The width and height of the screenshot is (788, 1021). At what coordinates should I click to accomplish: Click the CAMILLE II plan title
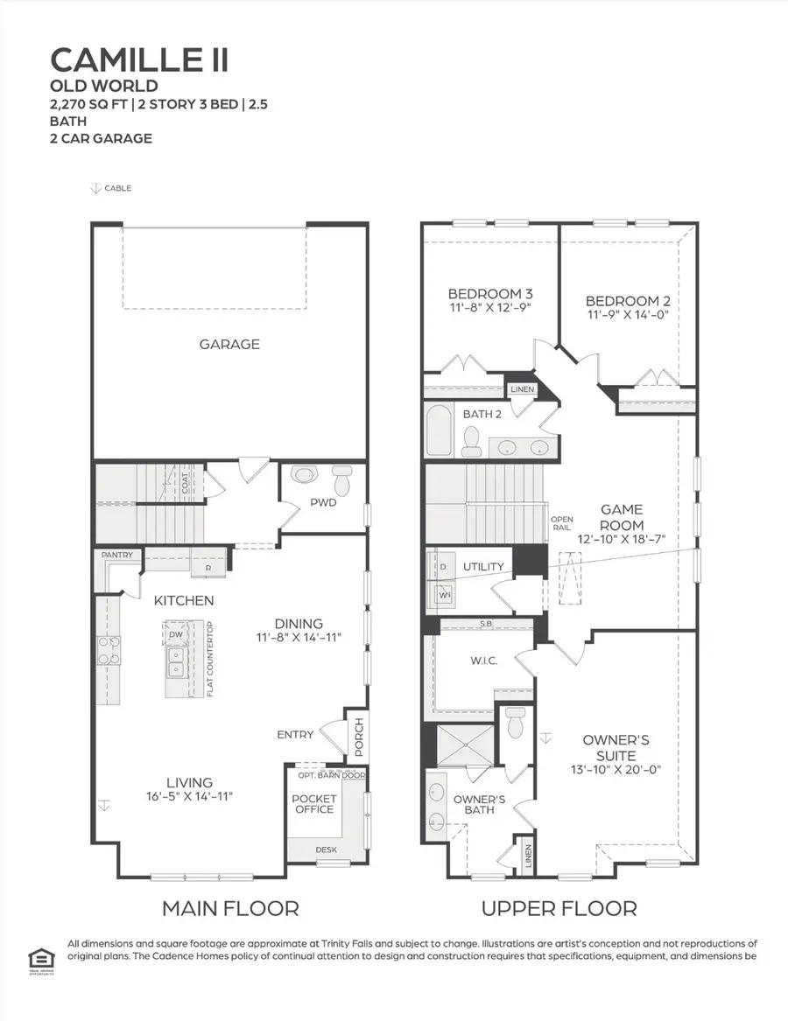click(140, 59)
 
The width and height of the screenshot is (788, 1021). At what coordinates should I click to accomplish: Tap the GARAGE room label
click(229, 344)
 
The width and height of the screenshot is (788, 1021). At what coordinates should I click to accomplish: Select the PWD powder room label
click(322, 503)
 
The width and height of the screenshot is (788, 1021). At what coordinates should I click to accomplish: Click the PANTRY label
click(116, 555)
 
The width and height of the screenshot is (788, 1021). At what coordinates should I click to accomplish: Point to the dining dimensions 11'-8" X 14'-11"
click(299, 638)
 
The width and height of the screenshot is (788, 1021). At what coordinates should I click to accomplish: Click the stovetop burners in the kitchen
click(109, 652)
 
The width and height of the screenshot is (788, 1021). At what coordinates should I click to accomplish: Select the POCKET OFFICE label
click(314, 804)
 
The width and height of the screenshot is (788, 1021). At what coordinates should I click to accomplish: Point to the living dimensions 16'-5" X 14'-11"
click(190, 796)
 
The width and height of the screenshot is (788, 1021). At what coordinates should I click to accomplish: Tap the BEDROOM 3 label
click(490, 293)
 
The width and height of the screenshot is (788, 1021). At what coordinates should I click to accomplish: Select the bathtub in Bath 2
click(438, 430)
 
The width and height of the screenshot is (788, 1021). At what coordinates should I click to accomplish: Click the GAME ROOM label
click(622, 517)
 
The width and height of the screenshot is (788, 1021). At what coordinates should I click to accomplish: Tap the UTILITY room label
click(483, 566)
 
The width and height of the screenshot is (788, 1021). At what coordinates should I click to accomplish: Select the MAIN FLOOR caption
click(230, 909)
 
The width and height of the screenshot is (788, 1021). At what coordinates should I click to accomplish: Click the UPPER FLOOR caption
click(559, 909)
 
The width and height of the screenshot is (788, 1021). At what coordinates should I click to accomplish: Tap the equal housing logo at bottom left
click(36, 953)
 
